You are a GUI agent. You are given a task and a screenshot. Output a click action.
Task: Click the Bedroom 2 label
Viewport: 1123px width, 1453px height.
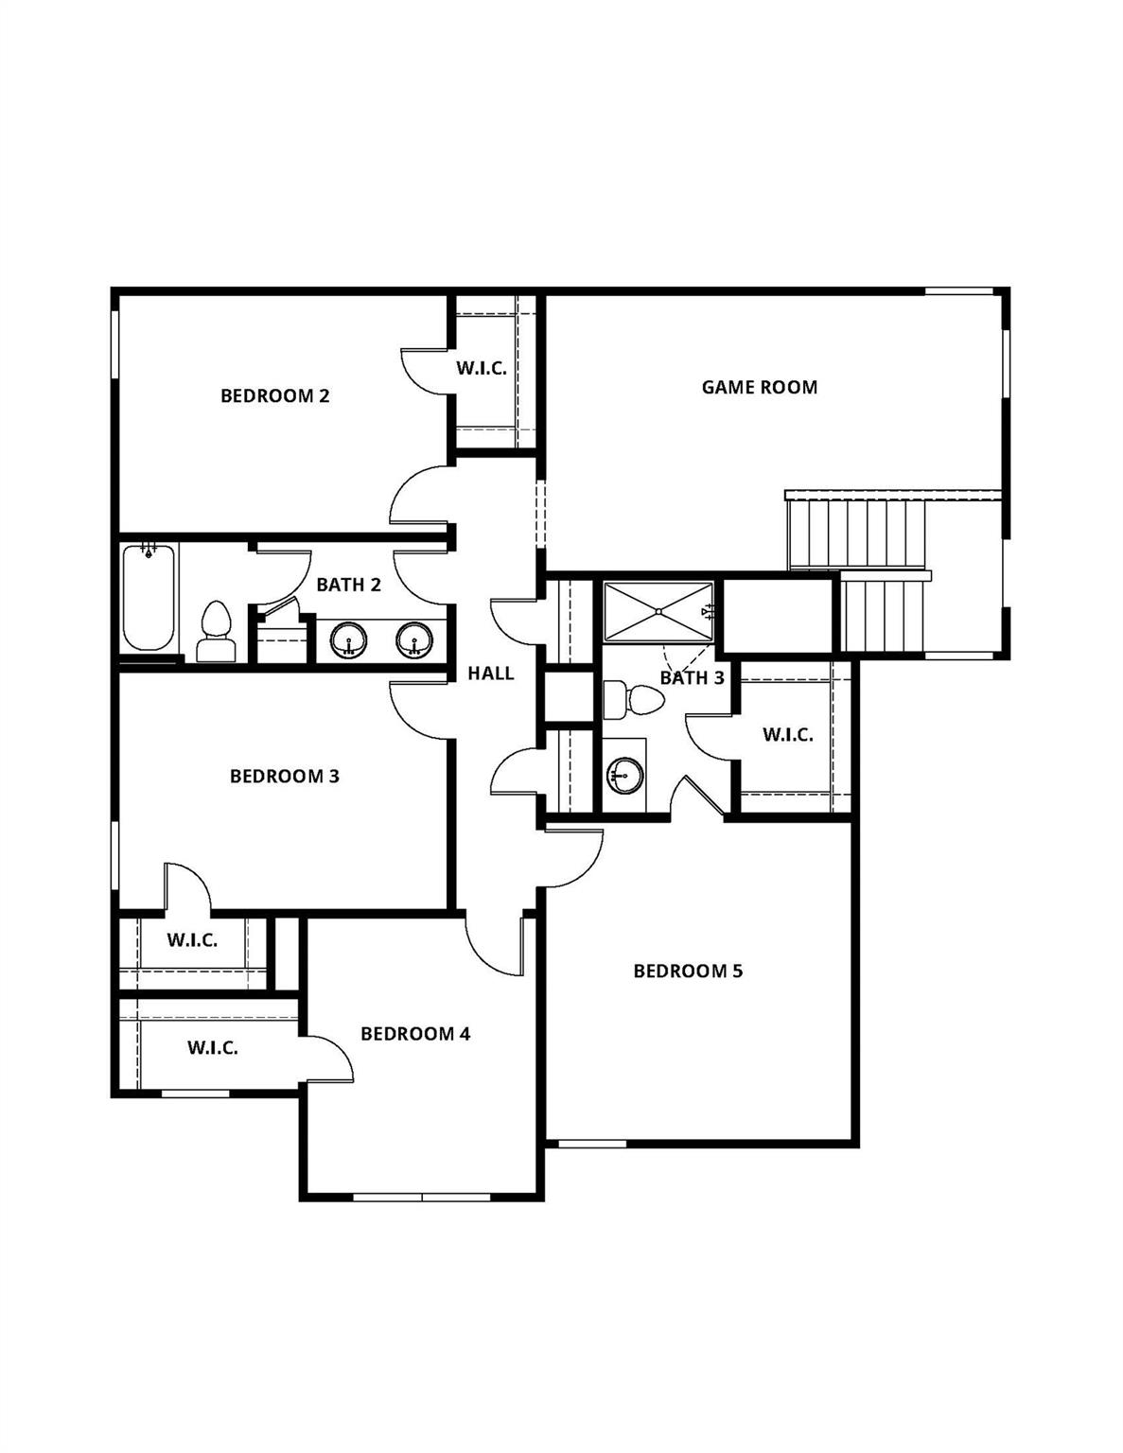coord(274,395)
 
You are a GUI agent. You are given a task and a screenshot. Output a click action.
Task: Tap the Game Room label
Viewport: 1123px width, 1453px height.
coord(759,387)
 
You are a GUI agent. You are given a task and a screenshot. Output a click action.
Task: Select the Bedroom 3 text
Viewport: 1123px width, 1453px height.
coord(284,777)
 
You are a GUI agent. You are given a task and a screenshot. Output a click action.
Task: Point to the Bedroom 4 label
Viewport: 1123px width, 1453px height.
coord(414,1034)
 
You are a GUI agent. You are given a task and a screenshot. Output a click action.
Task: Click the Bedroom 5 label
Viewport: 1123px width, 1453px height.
coord(688,972)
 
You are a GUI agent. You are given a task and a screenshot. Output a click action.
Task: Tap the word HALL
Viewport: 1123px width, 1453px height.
coord(491,674)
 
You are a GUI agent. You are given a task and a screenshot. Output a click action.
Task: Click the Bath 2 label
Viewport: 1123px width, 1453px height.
coord(348,585)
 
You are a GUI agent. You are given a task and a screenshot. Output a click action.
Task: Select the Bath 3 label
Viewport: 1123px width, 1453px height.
coord(692,678)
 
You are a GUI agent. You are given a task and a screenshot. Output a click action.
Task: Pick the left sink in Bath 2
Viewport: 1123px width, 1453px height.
coord(348,640)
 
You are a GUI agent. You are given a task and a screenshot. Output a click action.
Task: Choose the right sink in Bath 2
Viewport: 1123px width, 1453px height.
coord(413,640)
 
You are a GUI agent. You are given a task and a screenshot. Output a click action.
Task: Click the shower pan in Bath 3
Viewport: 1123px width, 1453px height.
coord(658,612)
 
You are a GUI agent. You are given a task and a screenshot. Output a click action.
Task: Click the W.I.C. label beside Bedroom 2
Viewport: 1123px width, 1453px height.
coord(482,369)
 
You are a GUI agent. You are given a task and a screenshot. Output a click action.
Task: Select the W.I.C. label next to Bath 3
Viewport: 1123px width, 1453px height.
coord(787,735)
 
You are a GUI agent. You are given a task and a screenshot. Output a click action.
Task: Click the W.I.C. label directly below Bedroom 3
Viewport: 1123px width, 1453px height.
coord(192,941)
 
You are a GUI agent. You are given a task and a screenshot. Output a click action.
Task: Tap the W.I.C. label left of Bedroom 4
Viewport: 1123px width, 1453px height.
coord(212,1048)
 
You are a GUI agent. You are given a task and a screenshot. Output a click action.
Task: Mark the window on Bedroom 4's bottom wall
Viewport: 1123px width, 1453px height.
coord(421,1197)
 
